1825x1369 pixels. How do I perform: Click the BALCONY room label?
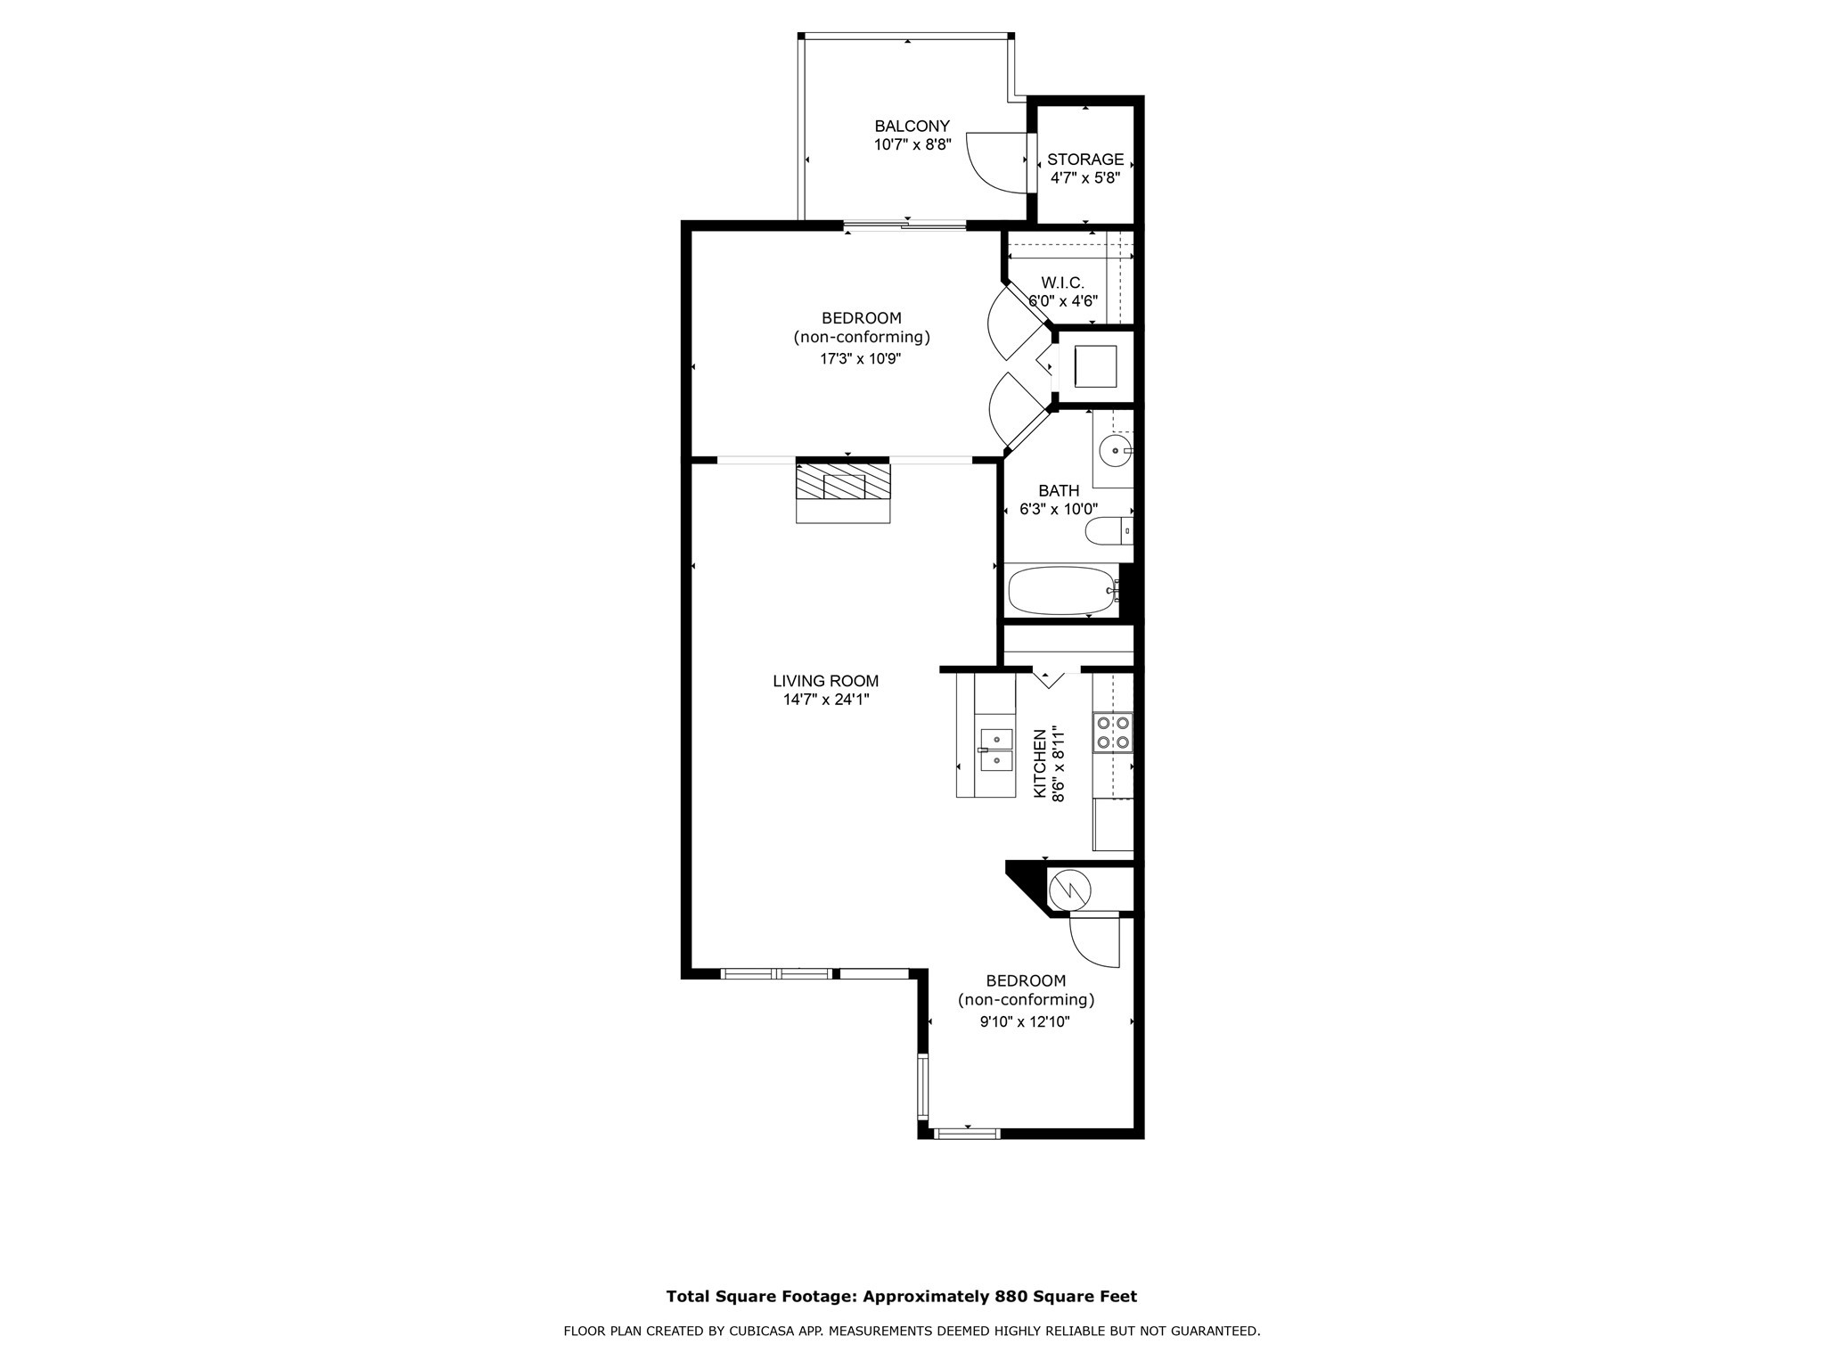(x=912, y=127)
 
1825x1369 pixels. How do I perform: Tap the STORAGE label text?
(x=1084, y=160)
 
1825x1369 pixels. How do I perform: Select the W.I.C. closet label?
(x=1062, y=283)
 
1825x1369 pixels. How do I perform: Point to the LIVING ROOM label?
(x=825, y=681)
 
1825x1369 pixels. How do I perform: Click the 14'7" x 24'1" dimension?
(x=825, y=701)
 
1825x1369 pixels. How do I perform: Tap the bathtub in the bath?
(x=1060, y=590)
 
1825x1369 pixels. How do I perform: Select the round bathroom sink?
(x=1114, y=451)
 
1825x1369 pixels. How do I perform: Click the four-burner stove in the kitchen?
(x=1112, y=732)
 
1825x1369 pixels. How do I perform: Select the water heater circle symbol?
(x=1069, y=889)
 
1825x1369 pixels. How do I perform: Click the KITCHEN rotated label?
(x=1039, y=763)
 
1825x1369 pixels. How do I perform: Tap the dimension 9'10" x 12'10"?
(x=1025, y=1022)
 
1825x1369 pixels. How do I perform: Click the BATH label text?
(x=1059, y=490)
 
